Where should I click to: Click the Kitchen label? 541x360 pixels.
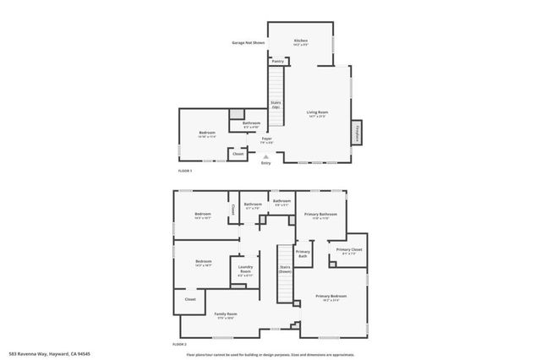click(300, 41)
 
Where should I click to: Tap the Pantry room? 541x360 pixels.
click(277, 61)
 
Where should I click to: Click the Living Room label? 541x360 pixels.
click(317, 112)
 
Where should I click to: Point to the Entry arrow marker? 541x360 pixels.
click(266, 156)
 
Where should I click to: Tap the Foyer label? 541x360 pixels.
click(266, 139)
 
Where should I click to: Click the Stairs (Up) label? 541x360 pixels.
click(276, 105)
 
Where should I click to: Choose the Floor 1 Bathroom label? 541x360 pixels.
click(251, 124)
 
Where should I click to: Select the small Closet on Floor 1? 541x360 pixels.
click(238, 154)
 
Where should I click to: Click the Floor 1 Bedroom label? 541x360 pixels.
click(207, 134)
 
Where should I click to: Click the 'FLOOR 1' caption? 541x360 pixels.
click(185, 171)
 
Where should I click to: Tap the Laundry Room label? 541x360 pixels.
click(245, 272)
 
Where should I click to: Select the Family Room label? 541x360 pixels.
click(226, 314)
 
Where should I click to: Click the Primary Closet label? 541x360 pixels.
click(349, 250)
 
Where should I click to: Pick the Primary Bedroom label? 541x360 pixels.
click(331, 297)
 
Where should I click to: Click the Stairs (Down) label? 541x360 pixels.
click(286, 270)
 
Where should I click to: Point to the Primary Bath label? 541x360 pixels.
click(303, 254)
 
